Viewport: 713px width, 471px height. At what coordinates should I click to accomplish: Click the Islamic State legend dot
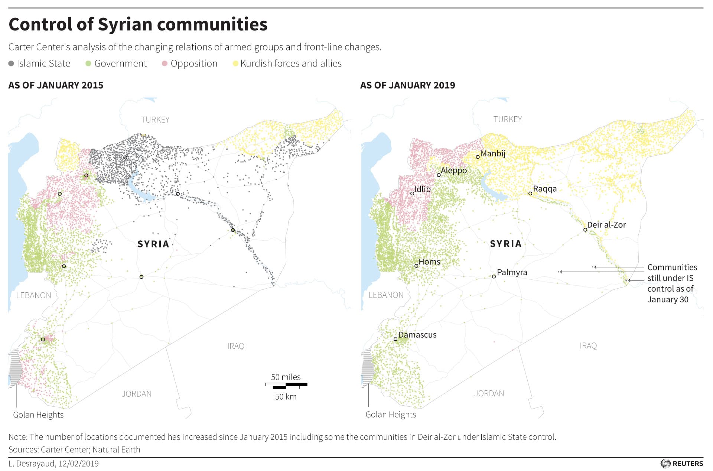[11, 64]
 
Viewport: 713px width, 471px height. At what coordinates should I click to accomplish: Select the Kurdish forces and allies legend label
[291, 64]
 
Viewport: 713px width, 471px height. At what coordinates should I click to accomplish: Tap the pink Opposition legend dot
[165, 64]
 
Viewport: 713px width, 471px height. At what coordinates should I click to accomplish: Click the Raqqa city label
[545, 189]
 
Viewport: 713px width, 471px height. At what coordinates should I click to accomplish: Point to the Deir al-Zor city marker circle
[585, 230]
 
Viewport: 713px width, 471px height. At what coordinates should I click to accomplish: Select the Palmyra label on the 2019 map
[512, 272]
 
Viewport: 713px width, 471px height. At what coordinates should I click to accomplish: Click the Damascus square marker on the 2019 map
[395, 339]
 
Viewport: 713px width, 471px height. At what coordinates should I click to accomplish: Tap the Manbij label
[493, 153]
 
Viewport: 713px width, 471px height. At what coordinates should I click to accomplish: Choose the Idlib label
[422, 189]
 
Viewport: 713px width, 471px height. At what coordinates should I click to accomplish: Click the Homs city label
[429, 262]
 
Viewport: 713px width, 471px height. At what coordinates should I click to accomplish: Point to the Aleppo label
[453, 170]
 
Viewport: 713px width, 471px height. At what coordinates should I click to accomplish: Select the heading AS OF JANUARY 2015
[56, 85]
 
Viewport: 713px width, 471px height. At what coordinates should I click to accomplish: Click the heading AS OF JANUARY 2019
[407, 85]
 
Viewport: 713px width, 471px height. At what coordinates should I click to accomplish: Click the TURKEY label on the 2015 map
[155, 120]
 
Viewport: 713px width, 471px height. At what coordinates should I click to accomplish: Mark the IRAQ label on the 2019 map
[588, 346]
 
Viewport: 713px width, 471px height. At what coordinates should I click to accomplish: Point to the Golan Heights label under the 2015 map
[38, 415]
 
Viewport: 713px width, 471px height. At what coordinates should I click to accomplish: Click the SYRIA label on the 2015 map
[153, 244]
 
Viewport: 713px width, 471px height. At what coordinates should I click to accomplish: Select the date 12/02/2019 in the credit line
[78, 464]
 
